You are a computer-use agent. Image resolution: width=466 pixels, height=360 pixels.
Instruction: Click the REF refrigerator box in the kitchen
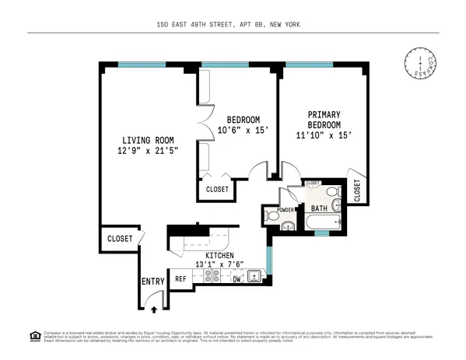pos(180,278)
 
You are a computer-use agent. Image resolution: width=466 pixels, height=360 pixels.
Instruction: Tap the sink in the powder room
pos(287,225)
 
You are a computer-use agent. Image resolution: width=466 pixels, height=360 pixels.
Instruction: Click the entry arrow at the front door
pos(153,309)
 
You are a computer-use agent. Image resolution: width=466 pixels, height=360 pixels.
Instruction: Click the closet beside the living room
pos(119,239)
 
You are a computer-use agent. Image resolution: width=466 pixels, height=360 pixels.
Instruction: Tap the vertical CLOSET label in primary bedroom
pos(357,191)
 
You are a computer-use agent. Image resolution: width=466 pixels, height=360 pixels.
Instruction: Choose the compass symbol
pos(420,65)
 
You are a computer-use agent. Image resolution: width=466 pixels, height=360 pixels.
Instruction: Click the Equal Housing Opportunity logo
pos(34,336)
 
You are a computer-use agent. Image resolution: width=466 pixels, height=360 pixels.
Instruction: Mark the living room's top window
pos(142,65)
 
